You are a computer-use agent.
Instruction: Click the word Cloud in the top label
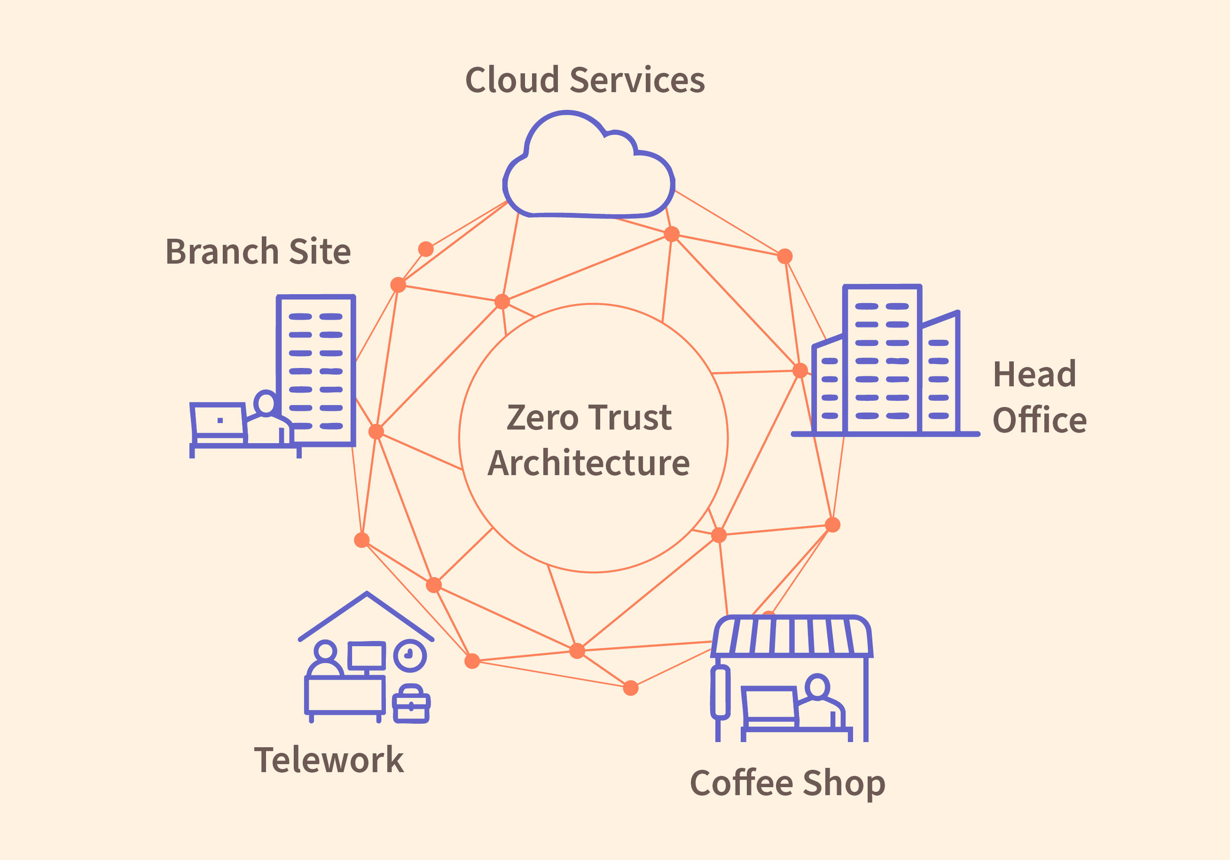pos(512,80)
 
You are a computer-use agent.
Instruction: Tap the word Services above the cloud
pos(637,80)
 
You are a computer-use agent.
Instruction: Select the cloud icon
pos(588,172)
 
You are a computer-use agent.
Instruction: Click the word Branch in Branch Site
pos(222,251)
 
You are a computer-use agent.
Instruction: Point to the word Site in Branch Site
pos(320,251)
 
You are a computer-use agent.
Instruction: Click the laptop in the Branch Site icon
pos(218,421)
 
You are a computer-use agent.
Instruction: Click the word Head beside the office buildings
pos(1034,374)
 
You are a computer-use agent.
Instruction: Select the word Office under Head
pos(1039,420)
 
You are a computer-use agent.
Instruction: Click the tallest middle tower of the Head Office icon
pos(882,359)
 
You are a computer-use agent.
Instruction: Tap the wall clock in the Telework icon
pos(410,656)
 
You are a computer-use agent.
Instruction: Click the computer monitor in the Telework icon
pos(366,656)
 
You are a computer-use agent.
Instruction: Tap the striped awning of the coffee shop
pos(791,636)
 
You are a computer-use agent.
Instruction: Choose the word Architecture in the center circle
pos(588,463)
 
